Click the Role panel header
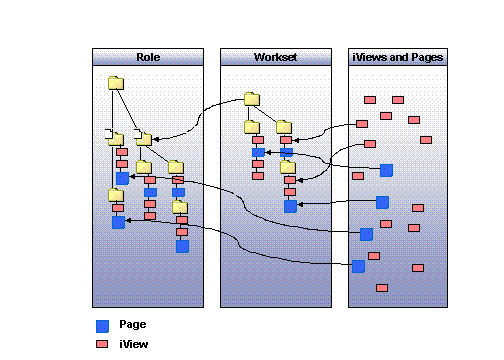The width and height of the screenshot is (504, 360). [x=148, y=57]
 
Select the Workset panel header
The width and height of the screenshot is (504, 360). [x=275, y=57]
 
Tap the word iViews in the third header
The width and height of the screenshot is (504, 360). [x=370, y=57]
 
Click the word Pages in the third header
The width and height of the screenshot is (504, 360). [x=424, y=57]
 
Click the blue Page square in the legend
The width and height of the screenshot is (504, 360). [x=102, y=325]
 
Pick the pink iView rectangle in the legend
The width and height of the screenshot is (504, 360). [x=102, y=344]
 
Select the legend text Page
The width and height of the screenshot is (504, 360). [x=132, y=325]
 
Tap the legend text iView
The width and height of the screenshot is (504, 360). [x=134, y=344]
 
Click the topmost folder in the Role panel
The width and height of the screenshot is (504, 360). [x=116, y=84]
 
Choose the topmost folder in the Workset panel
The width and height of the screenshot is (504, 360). [x=251, y=99]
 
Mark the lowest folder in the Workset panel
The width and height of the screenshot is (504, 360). [x=288, y=167]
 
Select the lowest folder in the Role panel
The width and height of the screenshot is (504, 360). [x=180, y=208]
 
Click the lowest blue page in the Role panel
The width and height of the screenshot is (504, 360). [x=182, y=246]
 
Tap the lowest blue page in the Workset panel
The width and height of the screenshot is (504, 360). [x=290, y=206]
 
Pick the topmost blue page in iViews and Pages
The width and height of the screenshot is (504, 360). [x=386, y=170]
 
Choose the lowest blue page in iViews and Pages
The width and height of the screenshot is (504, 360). [x=358, y=266]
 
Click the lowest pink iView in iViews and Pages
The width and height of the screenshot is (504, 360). [x=382, y=288]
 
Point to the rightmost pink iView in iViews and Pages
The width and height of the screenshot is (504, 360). [x=426, y=140]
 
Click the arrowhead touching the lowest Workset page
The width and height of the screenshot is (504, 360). [x=301, y=205]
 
